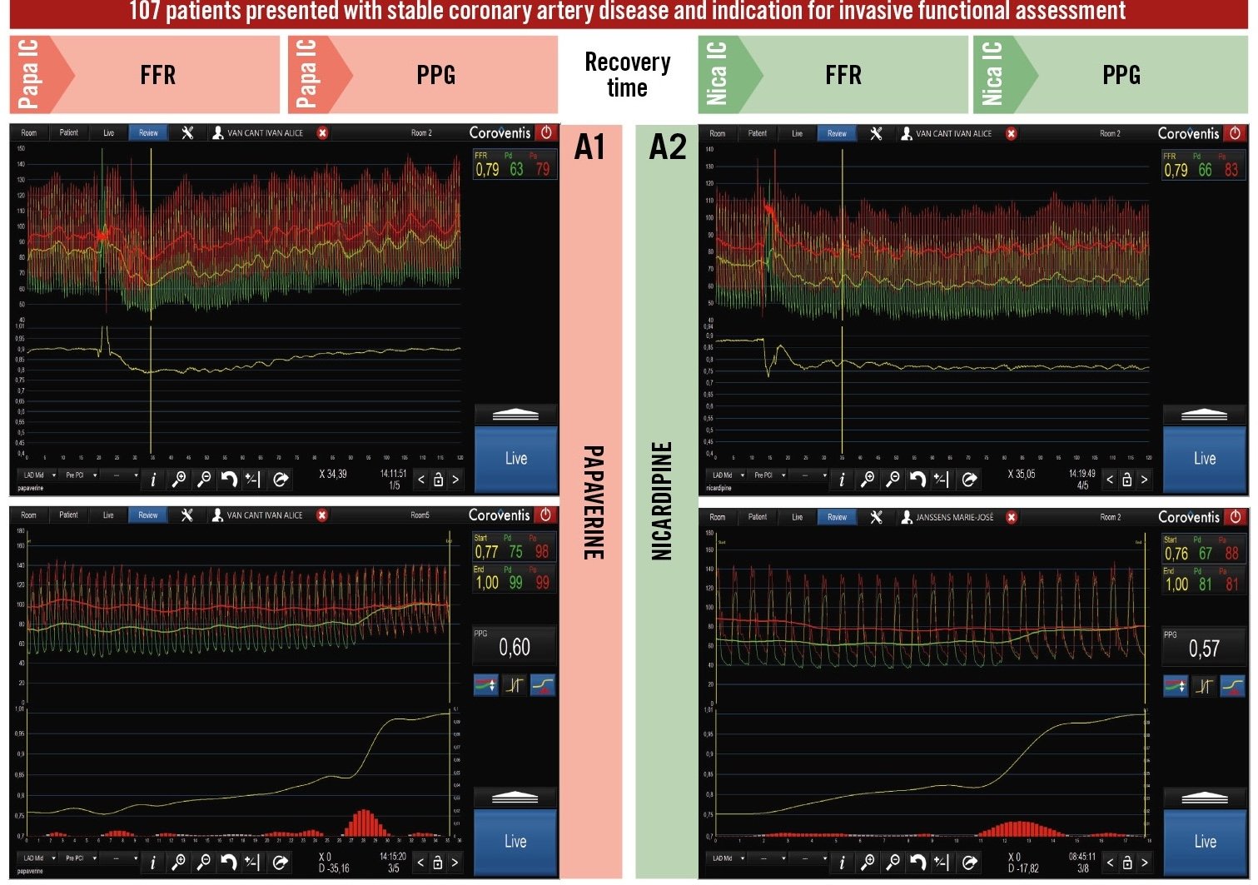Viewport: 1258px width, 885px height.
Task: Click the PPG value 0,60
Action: coord(515,647)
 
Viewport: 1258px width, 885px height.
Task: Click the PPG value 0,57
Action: coord(1204,649)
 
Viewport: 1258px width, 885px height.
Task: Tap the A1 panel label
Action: coord(589,147)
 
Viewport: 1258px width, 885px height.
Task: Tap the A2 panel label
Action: coord(668,147)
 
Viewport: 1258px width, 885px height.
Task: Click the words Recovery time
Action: coord(627,75)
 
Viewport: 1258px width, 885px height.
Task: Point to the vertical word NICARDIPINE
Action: coord(661,500)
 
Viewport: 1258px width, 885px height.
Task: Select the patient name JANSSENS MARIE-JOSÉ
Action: coord(954,517)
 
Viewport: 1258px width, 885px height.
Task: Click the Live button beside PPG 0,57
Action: coord(1204,841)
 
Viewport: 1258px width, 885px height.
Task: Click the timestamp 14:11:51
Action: coord(393,474)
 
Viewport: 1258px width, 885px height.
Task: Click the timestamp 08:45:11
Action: coord(1081,857)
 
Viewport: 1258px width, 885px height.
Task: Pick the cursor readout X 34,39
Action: coord(333,475)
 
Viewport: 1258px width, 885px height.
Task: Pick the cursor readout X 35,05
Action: coord(1022,475)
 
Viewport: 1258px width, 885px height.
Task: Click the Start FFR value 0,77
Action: coord(486,552)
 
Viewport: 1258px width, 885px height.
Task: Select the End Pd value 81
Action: coord(1205,584)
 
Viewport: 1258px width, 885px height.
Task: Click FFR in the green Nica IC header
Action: coord(843,76)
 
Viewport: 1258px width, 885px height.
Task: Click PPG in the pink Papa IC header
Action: coord(435,76)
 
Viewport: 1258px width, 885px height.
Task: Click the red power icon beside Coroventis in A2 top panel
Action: coord(1235,133)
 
